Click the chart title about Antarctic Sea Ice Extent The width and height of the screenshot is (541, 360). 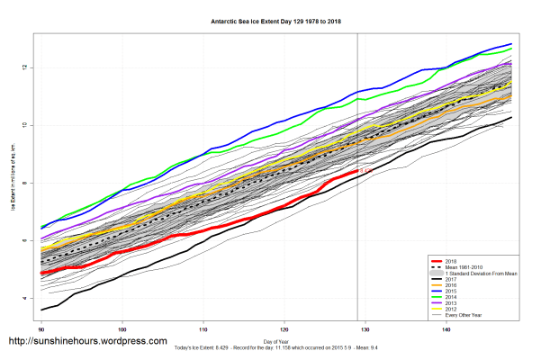(x=270, y=18)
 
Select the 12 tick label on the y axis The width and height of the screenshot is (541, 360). (x=28, y=67)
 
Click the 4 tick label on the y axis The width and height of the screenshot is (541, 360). (x=28, y=298)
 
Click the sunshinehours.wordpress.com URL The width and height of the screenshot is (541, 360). (x=87, y=342)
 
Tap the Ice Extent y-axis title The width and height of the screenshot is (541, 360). (x=14, y=183)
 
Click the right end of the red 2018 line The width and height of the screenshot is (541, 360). (x=357, y=169)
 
